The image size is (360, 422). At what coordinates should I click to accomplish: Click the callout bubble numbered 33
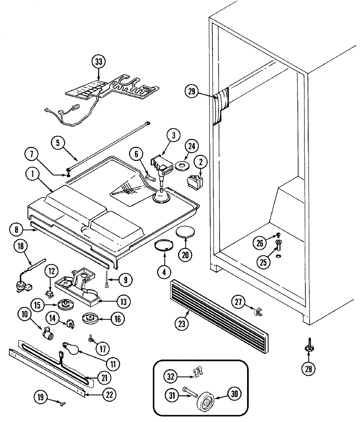coord(99,62)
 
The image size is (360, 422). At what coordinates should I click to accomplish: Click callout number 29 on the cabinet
coord(191,92)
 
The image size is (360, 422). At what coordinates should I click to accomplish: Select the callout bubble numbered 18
coord(21,246)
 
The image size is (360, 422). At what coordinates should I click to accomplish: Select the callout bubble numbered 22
coord(109,394)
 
